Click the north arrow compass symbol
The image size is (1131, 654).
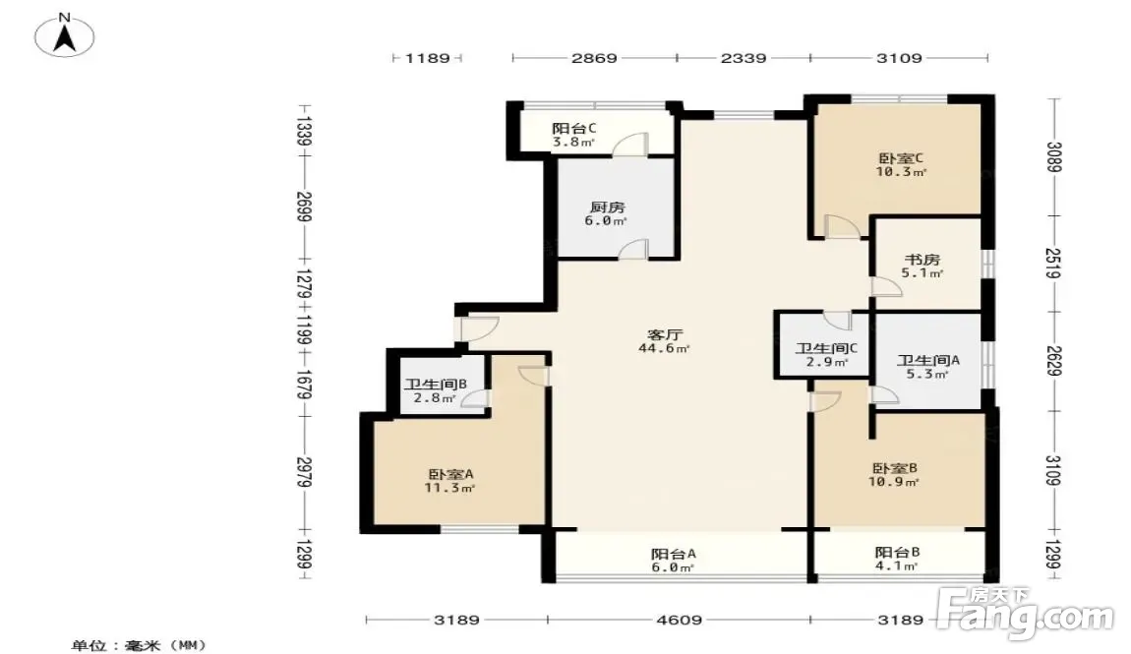(x=65, y=36)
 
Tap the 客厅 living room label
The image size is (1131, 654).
(x=664, y=334)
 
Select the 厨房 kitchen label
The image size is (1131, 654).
(x=607, y=208)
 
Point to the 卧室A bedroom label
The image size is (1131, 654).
(x=450, y=474)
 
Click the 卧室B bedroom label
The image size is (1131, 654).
(x=894, y=469)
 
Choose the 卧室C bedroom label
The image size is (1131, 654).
(x=901, y=158)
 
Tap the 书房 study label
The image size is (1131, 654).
(x=923, y=260)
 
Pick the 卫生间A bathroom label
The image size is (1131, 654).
(x=928, y=361)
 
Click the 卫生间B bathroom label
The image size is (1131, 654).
(x=436, y=385)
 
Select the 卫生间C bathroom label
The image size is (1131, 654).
(x=826, y=349)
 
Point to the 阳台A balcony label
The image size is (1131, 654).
(x=674, y=554)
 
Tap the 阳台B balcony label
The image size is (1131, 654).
(x=897, y=553)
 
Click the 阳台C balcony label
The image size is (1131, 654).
(x=574, y=129)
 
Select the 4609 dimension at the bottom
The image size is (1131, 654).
(x=679, y=620)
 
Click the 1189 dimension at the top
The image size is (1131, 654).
(x=427, y=58)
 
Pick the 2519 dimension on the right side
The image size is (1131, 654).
(x=1054, y=264)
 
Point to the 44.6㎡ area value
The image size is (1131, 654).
(x=664, y=349)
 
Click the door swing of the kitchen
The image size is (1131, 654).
(x=633, y=247)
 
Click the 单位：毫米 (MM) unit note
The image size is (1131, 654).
(x=139, y=645)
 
